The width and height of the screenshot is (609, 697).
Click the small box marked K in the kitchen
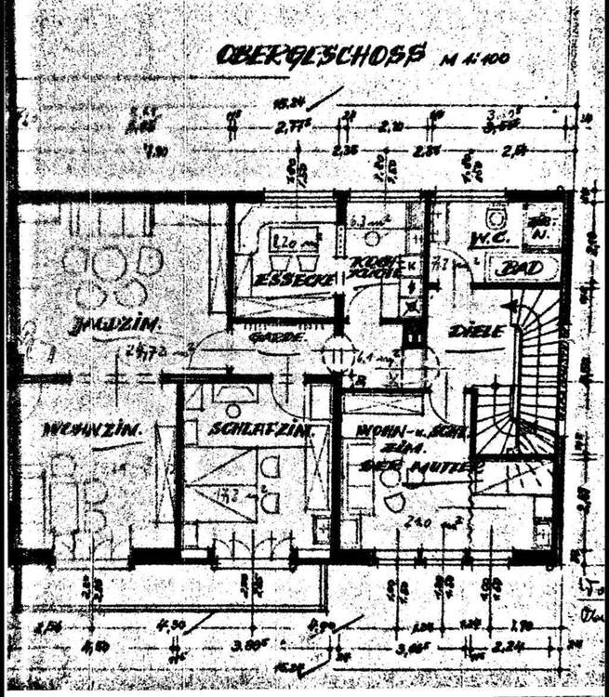[x=413, y=264]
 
